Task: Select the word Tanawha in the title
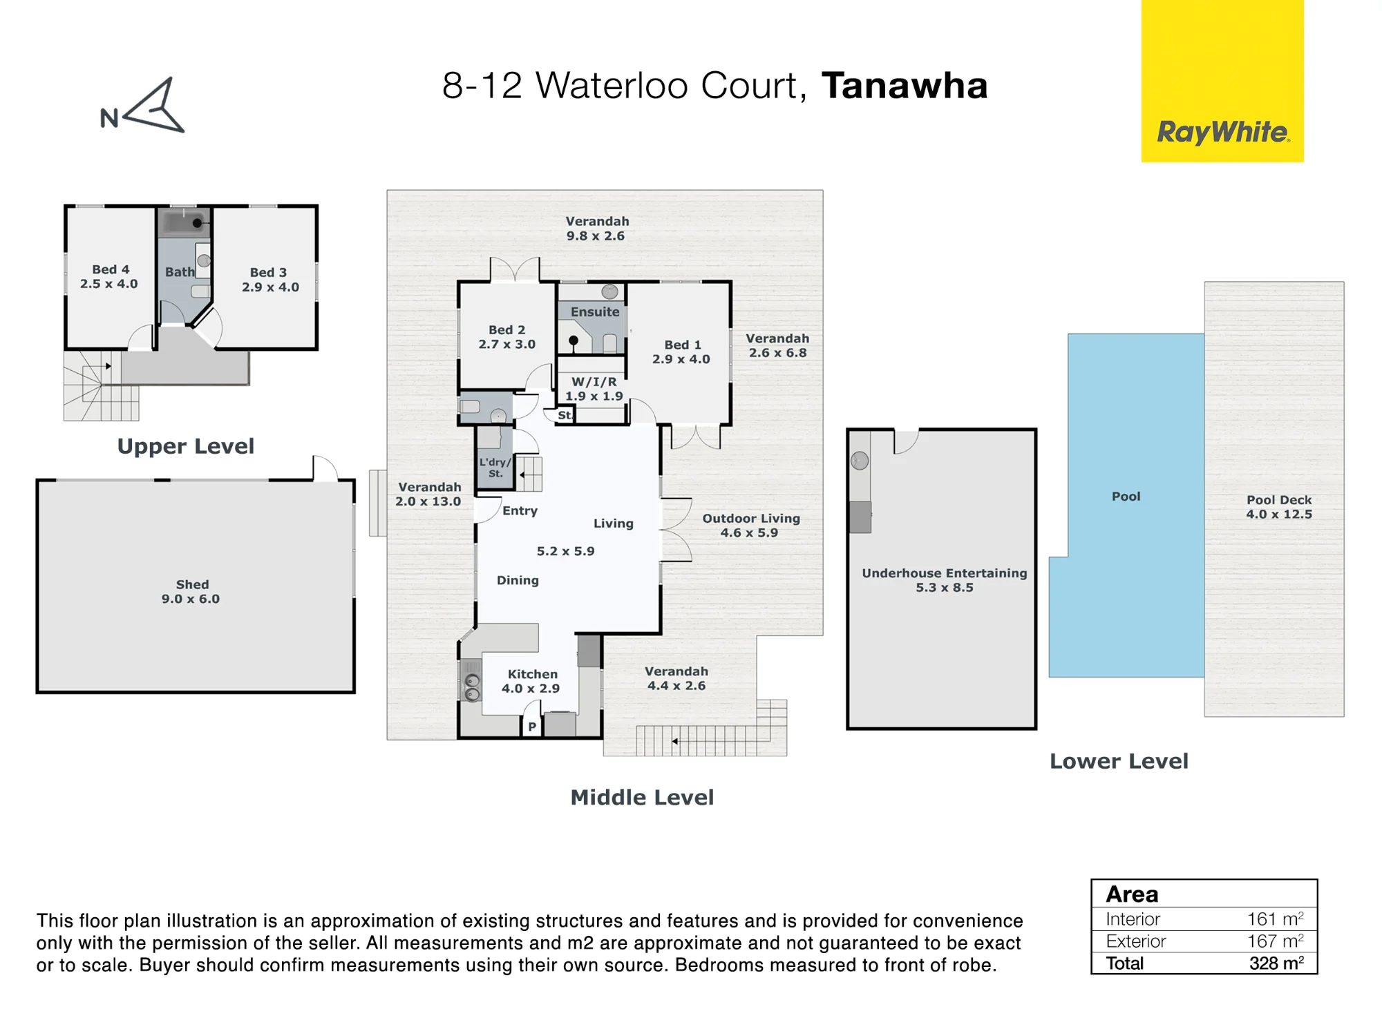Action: pos(905,86)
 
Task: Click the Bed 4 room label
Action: pos(109,276)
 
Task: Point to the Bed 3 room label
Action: pos(270,280)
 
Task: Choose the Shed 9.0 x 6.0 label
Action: pos(191,592)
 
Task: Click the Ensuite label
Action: pos(595,312)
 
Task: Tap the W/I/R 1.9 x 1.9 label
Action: pos(594,389)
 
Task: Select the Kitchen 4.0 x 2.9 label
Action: pos(531,681)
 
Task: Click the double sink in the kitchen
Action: pos(472,687)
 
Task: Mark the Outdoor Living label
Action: pos(751,526)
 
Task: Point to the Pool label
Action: pos(1126,497)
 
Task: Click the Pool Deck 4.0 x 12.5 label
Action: pos(1279,507)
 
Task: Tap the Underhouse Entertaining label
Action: pos(945,580)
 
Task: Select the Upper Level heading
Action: pos(185,447)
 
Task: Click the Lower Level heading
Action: pos(1119,761)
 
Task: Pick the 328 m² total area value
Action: pos(1276,963)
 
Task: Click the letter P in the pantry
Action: pos(532,727)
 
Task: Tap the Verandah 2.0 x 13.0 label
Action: pos(428,495)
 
